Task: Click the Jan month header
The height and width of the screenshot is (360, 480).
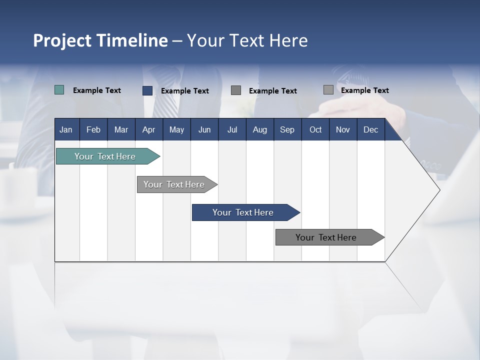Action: [x=66, y=129]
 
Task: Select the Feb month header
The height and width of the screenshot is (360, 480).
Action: [x=93, y=129]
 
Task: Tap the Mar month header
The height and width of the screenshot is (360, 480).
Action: [x=121, y=129]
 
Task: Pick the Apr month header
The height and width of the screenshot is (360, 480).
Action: [x=148, y=129]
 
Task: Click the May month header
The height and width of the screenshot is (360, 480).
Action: [x=176, y=129]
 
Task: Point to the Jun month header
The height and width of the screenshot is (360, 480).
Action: [x=204, y=129]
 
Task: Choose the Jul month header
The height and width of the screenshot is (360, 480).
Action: [x=232, y=129]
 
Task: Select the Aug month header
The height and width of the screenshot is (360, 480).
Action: [x=260, y=129]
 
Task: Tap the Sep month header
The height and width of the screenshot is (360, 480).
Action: [x=287, y=129]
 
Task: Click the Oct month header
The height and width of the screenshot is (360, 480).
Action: [x=315, y=129]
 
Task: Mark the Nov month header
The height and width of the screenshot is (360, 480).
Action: [x=343, y=129]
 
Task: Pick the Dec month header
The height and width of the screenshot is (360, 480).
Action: [x=370, y=129]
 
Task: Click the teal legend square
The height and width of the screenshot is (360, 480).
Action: [x=59, y=90]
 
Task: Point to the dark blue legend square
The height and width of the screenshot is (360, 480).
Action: [x=147, y=90]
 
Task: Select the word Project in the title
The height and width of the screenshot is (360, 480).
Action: [x=62, y=40]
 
